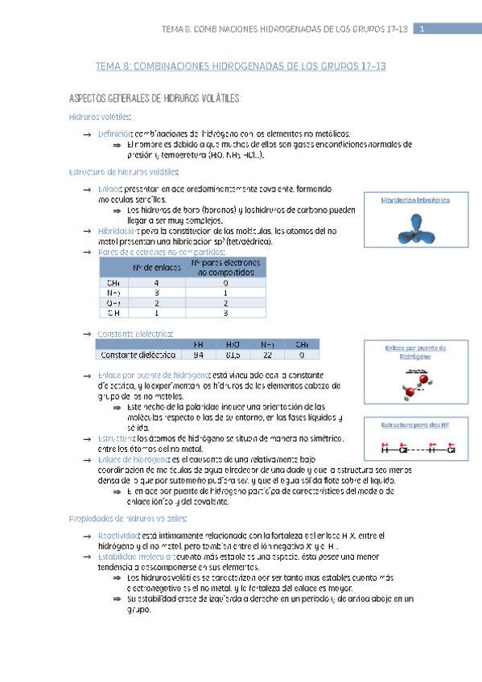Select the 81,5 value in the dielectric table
pyautogui.click(x=233, y=354)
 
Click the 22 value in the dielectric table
pyautogui.click(x=267, y=354)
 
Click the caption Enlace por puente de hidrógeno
pyautogui.click(x=414, y=351)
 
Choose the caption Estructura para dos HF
pyautogui.click(x=414, y=423)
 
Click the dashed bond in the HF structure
pyautogui.click(x=421, y=449)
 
